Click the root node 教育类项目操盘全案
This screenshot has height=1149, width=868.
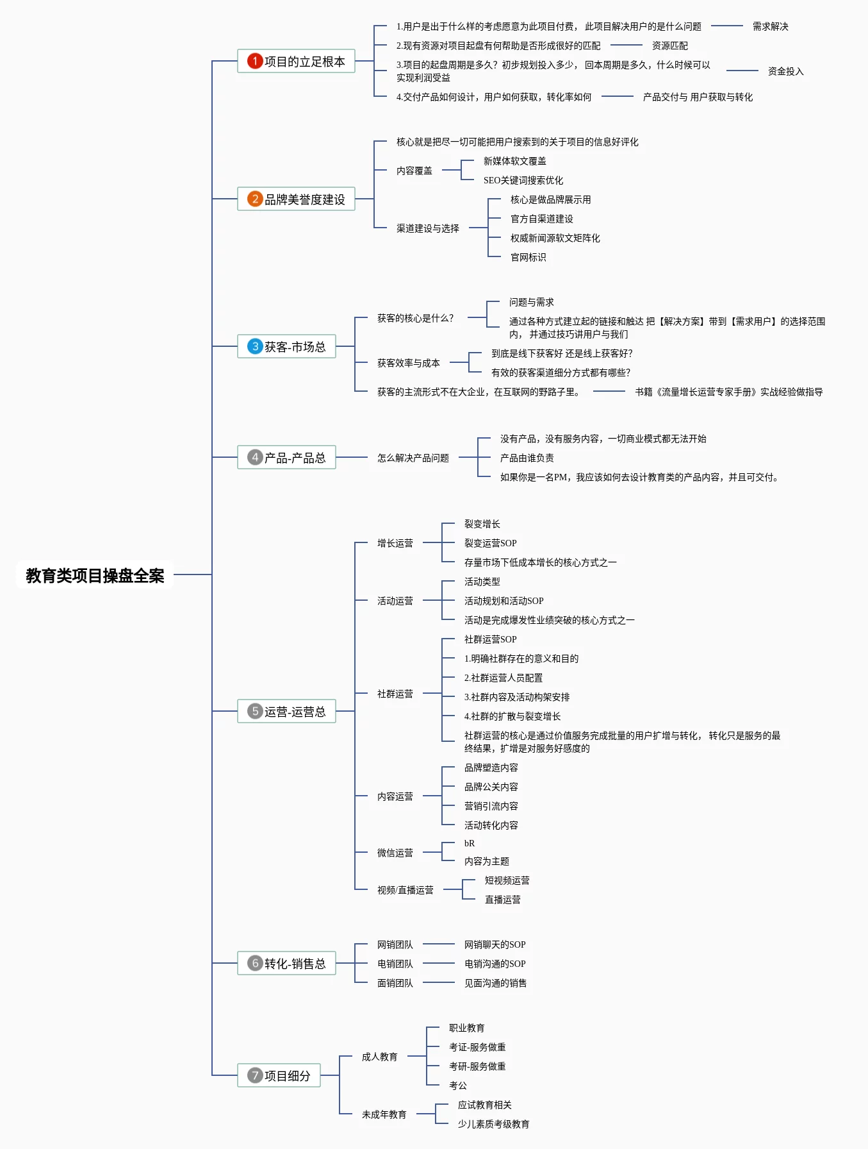tap(95, 575)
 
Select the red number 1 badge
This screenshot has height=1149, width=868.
tap(255, 61)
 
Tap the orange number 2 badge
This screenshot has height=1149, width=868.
tap(255, 199)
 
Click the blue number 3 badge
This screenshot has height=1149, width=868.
tap(255, 346)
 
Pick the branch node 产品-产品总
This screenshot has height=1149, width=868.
tap(286, 457)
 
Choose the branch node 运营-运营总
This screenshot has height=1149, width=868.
tap(286, 711)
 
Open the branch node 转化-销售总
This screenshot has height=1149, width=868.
tap(286, 963)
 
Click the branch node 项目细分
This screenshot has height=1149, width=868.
tap(279, 1075)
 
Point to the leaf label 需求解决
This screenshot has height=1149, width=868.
tap(771, 26)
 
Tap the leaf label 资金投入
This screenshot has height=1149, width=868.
tap(785, 71)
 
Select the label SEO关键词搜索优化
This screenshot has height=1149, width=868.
tap(523, 180)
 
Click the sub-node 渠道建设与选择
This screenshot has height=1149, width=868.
tap(428, 228)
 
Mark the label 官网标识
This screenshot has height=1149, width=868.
tap(528, 257)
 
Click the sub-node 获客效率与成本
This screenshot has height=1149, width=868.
tap(409, 363)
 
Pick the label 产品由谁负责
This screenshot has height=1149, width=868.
tap(527, 458)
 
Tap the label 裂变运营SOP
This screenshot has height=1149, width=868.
tap(490, 543)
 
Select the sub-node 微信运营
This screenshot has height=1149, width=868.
tap(395, 853)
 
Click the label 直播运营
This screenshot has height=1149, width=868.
tap(503, 900)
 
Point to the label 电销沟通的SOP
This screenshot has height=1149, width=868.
tap(495, 964)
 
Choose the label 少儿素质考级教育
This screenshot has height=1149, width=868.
tap(493, 1124)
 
